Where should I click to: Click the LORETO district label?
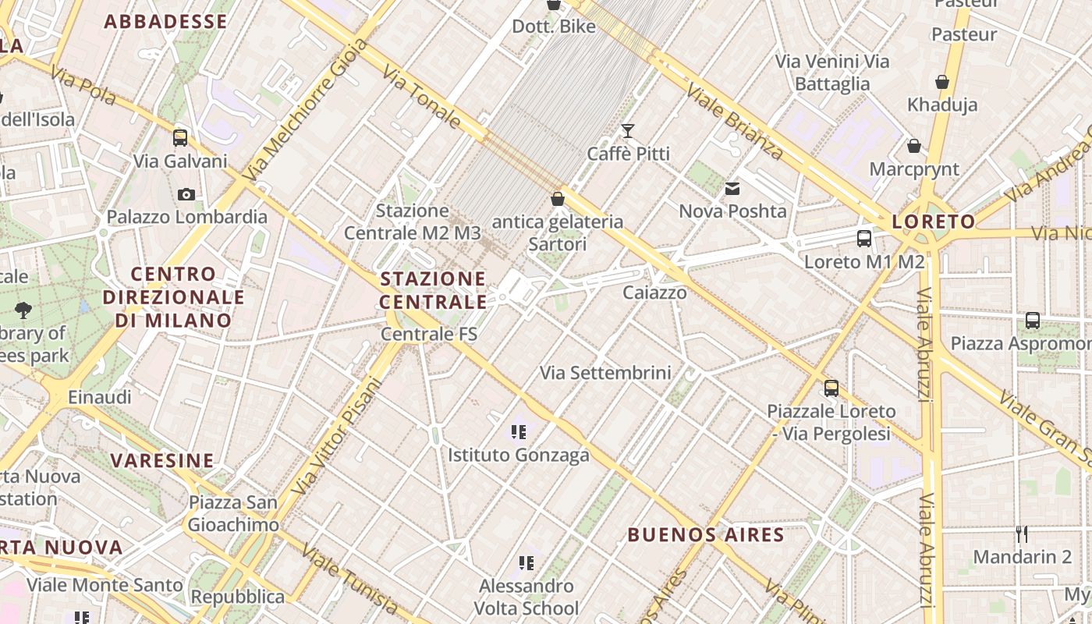(934, 222)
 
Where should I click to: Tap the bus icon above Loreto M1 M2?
(863, 239)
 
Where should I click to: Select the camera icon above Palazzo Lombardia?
(186, 194)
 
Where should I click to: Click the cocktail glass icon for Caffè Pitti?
(628, 130)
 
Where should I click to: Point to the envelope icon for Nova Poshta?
(732, 188)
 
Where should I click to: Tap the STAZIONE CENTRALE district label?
(433, 290)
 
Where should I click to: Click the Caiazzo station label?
(654, 292)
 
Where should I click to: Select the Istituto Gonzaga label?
(518, 455)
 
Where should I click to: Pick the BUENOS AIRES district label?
(705, 534)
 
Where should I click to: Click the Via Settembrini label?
(605, 373)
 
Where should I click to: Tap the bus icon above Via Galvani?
(180, 138)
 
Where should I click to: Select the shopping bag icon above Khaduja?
(941, 82)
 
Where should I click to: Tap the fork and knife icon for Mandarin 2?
(1022, 534)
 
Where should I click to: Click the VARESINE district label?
(162, 460)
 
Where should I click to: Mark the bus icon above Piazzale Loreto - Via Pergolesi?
(831, 388)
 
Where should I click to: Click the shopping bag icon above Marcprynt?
(913, 146)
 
